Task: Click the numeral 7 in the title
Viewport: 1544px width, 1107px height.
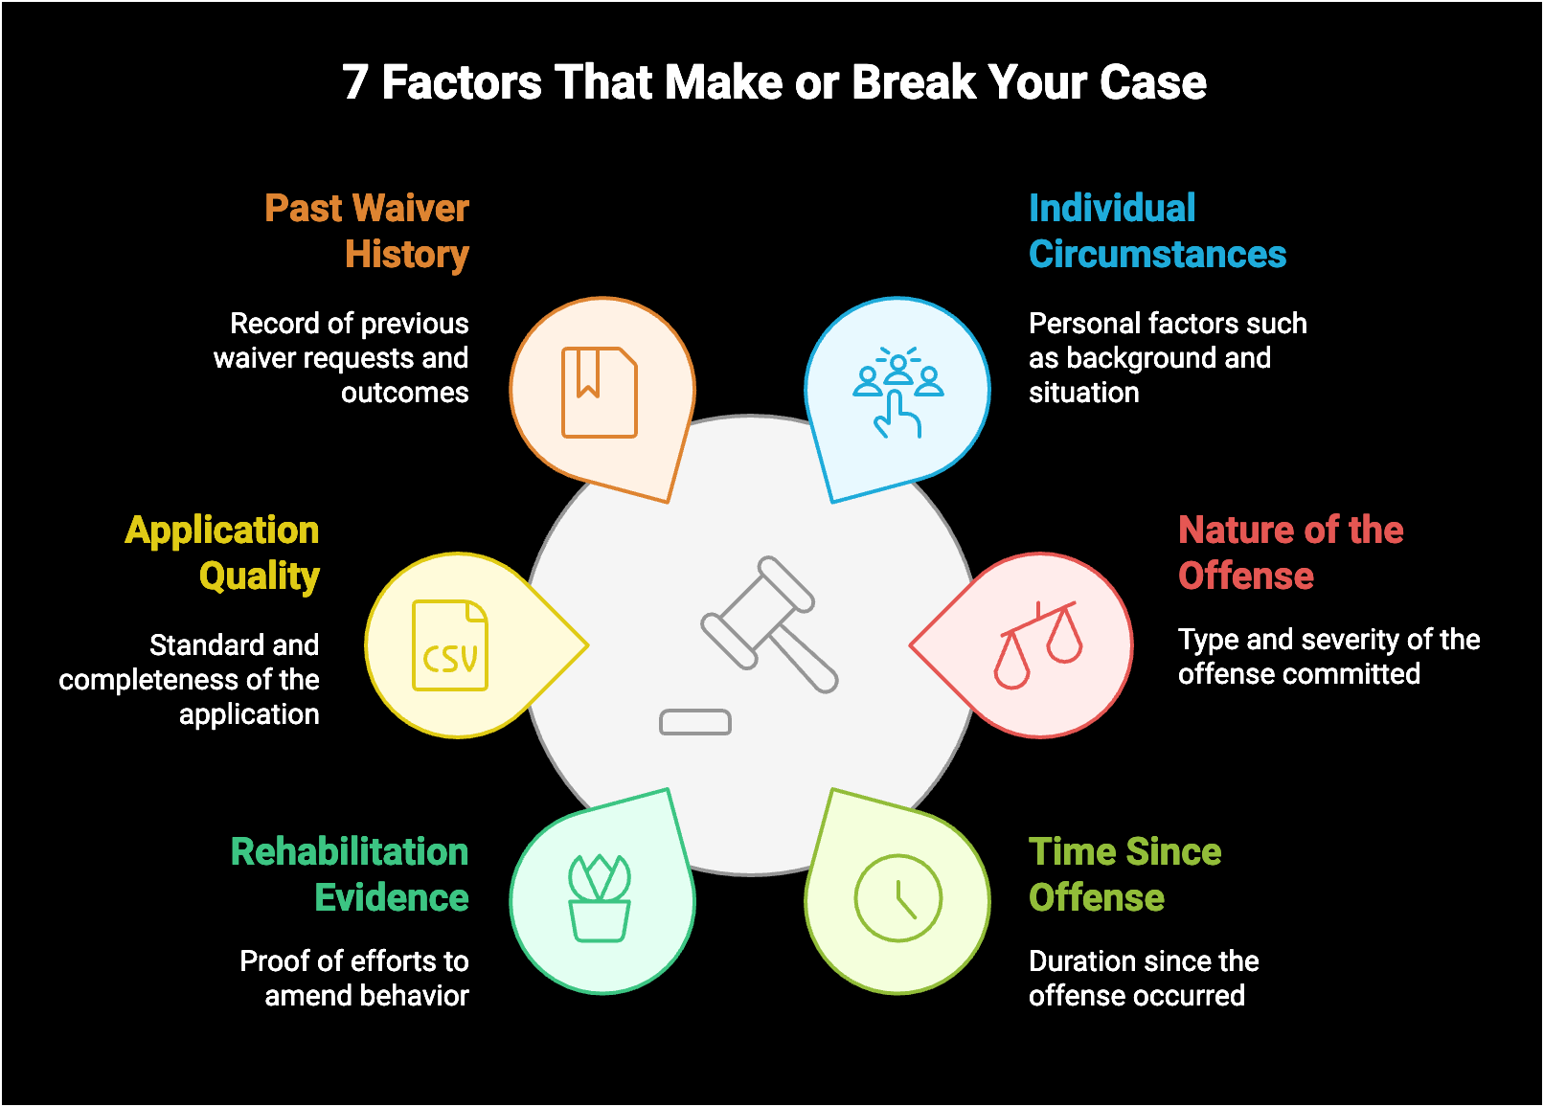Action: click(355, 82)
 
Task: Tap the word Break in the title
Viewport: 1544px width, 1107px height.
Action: click(914, 82)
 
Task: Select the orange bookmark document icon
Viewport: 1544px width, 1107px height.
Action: click(600, 393)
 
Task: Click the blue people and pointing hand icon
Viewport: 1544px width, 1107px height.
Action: click(897, 392)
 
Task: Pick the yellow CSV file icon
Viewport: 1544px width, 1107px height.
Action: click(450, 645)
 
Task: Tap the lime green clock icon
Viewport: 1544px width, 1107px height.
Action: click(898, 898)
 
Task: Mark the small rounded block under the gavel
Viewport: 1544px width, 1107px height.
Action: click(695, 722)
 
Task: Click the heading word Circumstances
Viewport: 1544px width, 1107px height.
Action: click(1157, 255)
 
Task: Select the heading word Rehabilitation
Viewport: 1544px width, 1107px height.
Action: click(350, 852)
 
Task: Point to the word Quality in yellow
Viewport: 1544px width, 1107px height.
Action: click(260, 576)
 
